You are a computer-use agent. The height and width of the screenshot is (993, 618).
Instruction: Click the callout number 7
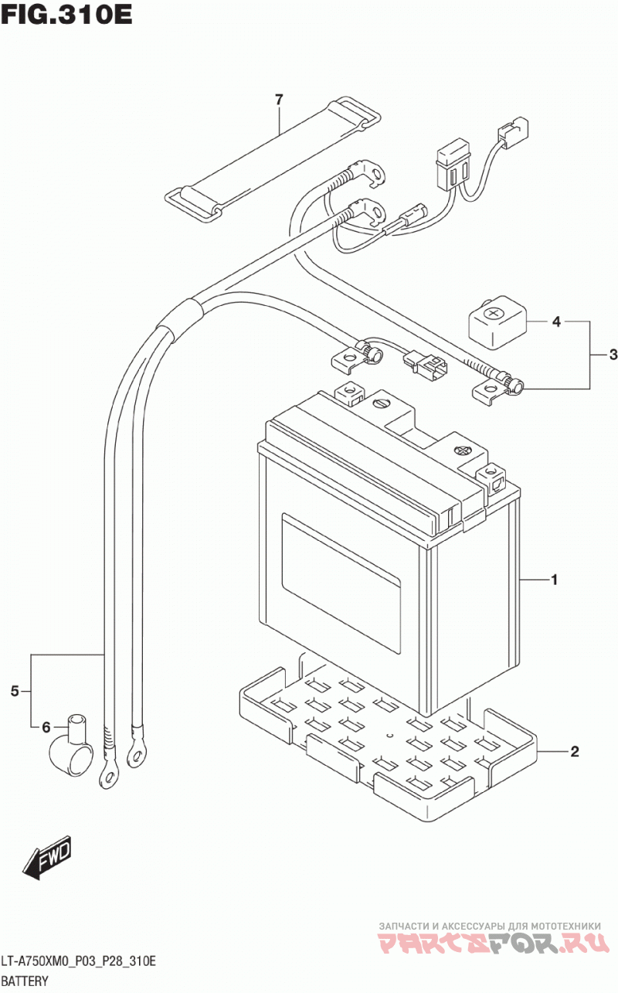(279, 100)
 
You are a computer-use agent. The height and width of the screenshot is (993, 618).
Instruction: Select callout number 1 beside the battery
(554, 580)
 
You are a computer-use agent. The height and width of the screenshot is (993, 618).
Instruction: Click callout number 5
(15, 691)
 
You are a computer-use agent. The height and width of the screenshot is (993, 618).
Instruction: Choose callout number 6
(46, 727)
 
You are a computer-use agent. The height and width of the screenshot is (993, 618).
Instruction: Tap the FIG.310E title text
(66, 15)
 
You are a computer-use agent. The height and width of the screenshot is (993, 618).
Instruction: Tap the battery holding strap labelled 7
(272, 158)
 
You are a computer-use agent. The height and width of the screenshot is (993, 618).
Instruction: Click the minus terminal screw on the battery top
(382, 403)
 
